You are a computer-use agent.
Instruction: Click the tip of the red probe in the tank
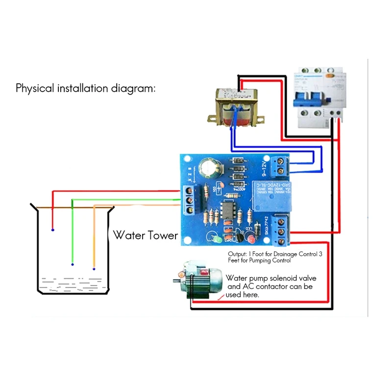(x=52, y=230)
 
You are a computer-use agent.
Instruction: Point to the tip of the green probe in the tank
(x=73, y=265)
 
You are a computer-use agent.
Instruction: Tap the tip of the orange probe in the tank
(x=94, y=269)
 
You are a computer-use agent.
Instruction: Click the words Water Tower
(x=146, y=235)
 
